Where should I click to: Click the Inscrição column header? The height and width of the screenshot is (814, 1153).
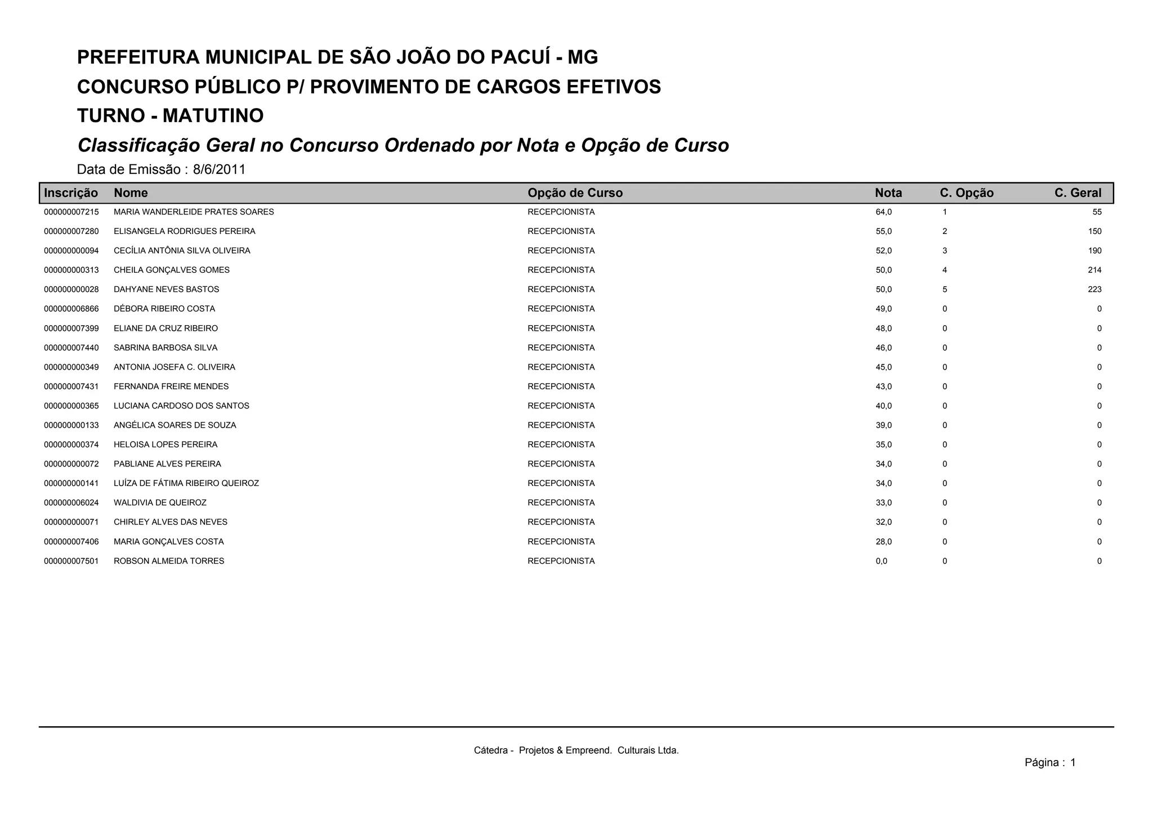click(x=70, y=193)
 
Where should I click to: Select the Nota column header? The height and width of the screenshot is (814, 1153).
click(x=888, y=193)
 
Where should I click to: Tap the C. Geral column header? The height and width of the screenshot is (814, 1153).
click(x=1078, y=193)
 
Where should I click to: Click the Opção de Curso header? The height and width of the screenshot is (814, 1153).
click(x=575, y=193)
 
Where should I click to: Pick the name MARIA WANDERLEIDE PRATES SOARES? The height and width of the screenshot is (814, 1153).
click(x=194, y=212)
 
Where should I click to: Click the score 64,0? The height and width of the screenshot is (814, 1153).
click(x=883, y=212)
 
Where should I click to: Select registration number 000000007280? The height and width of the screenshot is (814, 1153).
click(x=71, y=231)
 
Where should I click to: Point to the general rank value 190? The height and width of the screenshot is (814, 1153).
click(x=1094, y=251)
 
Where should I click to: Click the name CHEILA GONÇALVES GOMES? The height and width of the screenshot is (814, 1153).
click(x=172, y=270)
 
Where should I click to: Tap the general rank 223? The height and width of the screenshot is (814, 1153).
click(x=1094, y=290)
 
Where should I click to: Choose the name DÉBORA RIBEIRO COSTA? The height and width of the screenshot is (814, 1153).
click(x=164, y=309)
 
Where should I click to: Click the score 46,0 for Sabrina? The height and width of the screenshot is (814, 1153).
click(x=883, y=348)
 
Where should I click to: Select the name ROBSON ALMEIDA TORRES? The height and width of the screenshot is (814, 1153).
click(x=169, y=561)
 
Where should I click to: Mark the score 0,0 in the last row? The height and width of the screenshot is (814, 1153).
click(x=881, y=561)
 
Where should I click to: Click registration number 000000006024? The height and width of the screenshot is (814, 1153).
click(x=71, y=503)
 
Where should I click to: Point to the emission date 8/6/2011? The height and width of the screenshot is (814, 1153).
click(x=219, y=169)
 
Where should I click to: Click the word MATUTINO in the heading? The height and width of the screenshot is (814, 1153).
click(x=213, y=116)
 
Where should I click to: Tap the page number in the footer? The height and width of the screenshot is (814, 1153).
click(x=1072, y=763)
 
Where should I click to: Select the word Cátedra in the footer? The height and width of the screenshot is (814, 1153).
click(x=490, y=750)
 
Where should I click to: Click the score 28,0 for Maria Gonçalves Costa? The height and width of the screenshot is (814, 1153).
click(x=883, y=542)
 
